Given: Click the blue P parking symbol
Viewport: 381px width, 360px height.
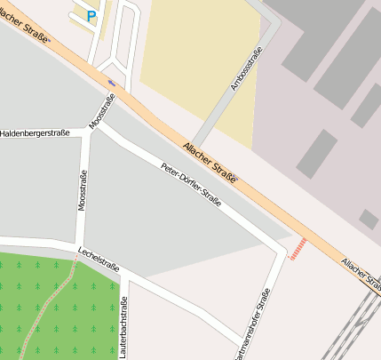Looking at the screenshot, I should point(91,15).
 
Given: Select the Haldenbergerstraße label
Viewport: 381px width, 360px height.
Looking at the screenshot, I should point(36,133).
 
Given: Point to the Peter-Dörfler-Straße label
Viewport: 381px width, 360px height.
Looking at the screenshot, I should point(190,184).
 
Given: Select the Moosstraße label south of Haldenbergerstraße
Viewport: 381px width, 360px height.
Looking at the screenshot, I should point(83,192).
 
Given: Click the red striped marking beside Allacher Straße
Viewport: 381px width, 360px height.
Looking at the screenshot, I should point(299,247).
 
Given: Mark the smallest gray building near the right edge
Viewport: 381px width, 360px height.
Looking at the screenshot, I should point(369,219).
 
